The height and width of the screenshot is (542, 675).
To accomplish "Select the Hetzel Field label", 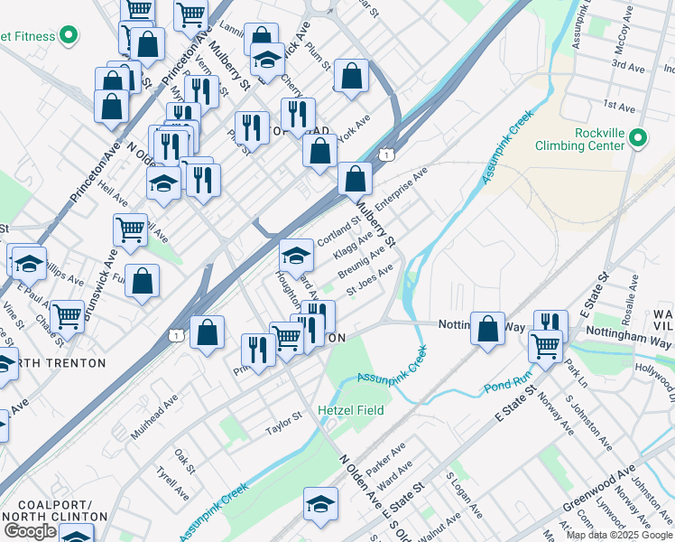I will coord(351,410).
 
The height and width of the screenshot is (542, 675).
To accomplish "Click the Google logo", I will coord(30,531).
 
